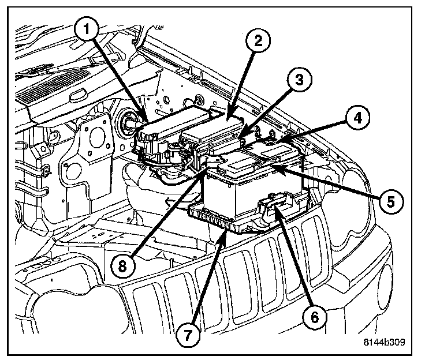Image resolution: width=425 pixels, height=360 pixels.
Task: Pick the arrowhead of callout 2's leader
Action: coord(227,121)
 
